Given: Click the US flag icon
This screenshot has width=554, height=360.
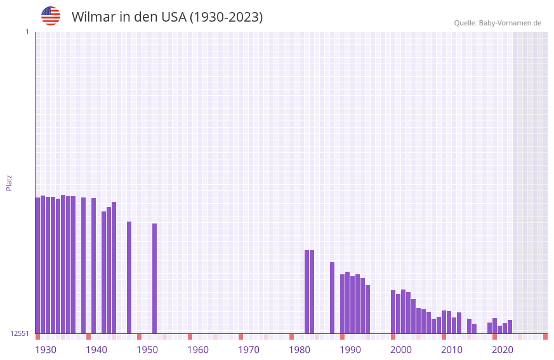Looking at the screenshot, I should click(51, 16).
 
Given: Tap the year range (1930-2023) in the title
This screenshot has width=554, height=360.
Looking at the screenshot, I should click(226, 17).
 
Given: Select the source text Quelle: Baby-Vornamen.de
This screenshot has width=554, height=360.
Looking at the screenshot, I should click(498, 23).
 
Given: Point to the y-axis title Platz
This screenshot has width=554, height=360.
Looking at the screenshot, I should click(9, 182).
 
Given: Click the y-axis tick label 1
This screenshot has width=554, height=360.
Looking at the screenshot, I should click(27, 32).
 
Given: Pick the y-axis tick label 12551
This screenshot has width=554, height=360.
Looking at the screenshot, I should click(20, 333).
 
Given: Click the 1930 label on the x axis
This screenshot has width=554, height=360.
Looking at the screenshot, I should click(46, 350).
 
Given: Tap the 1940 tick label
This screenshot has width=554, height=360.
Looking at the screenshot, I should click(96, 350).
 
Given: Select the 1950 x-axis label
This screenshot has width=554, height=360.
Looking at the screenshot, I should click(147, 350).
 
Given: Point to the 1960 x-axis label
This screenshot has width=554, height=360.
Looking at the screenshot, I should click(198, 350).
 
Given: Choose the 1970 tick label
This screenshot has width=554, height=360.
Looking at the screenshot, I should click(249, 350).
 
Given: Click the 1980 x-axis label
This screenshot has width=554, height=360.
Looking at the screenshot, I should click(300, 350).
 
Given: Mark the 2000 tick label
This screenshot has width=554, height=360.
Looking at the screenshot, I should click(401, 350).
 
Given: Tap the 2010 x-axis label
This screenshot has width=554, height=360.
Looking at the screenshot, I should click(452, 350).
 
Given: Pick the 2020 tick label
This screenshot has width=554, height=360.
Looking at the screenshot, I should click(503, 350).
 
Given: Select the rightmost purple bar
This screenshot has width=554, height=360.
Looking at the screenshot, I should click(510, 327).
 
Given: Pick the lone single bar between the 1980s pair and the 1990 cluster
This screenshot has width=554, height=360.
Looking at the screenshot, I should click(332, 298).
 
